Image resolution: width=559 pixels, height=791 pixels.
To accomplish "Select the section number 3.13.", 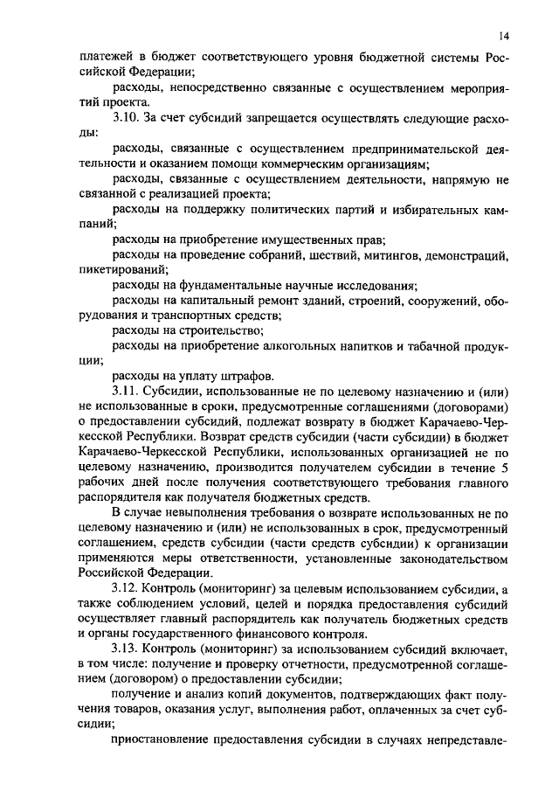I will [128, 650].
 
